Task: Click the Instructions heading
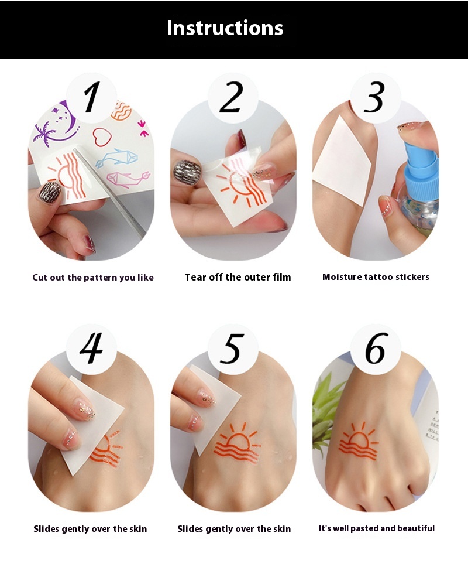click(x=225, y=28)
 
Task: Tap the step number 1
click(x=92, y=97)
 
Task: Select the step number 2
click(x=232, y=97)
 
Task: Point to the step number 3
click(x=374, y=97)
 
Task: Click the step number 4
click(x=91, y=348)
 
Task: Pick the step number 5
click(x=232, y=349)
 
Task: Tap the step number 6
click(x=376, y=348)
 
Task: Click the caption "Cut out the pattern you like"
click(x=93, y=278)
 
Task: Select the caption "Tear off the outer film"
click(x=238, y=277)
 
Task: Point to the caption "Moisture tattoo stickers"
click(x=376, y=277)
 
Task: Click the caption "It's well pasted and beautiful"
click(x=377, y=528)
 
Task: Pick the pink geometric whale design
click(x=128, y=180)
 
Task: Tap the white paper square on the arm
click(x=342, y=162)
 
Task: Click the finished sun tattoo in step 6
click(x=359, y=441)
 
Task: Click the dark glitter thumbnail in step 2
click(x=187, y=172)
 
